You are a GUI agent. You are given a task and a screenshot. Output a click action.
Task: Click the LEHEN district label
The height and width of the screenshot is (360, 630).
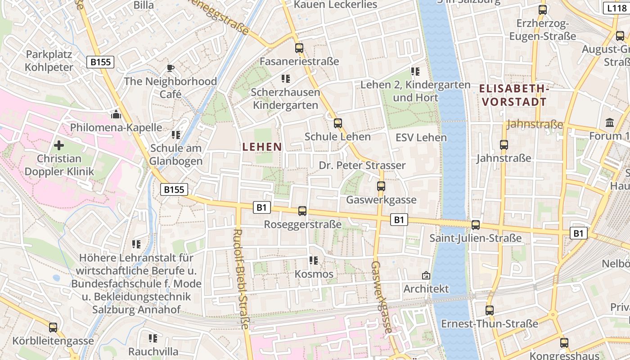point(262,147)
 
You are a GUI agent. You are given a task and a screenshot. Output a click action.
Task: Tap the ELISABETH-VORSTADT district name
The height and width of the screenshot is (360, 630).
point(514,95)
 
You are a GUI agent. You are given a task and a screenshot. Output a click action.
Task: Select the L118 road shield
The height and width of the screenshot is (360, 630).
point(616,8)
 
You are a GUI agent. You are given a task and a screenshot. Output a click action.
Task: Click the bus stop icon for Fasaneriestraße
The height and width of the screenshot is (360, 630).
point(299,48)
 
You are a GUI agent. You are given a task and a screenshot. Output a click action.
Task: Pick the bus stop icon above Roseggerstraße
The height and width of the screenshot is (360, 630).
point(302,211)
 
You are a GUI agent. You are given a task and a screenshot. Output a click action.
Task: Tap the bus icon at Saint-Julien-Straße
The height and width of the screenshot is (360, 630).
point(476,225)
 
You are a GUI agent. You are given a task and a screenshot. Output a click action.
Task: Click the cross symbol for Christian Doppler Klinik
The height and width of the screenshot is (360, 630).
point(59,145)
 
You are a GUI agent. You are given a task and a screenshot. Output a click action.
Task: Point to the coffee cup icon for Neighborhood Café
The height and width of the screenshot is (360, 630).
point(170,68)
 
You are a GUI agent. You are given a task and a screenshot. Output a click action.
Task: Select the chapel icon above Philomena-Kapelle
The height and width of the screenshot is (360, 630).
point(116,114)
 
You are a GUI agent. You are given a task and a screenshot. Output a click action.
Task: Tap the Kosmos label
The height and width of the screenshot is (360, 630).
point(314,274)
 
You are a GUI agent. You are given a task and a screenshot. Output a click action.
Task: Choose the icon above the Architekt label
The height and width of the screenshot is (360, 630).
point(426,275)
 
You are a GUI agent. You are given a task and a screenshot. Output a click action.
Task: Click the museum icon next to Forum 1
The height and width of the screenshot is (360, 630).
point(610,122)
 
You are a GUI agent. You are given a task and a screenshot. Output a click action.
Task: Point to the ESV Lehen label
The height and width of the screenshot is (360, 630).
point(421,138)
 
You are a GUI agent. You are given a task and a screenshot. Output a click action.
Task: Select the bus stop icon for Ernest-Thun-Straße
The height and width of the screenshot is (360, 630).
point(490,310)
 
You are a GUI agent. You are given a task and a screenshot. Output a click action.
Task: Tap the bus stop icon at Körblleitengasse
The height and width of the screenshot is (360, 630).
point(53,327)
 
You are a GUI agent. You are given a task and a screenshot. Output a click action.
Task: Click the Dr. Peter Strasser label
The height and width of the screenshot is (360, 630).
point(362,165)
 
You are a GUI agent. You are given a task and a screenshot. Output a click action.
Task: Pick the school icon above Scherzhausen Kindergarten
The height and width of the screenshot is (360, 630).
point(285,79)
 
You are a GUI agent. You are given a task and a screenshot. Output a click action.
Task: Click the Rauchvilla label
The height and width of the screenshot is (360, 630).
point(153,351)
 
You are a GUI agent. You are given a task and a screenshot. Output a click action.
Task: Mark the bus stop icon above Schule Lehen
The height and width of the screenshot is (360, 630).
point(338,123)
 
